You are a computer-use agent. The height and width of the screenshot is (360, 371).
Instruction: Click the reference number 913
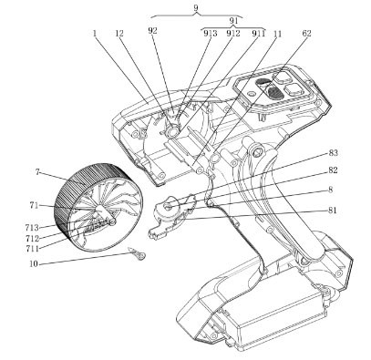pos(211,33)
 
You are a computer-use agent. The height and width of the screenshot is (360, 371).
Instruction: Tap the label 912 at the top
pos(233,33)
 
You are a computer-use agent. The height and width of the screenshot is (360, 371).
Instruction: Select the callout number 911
pos(258,33)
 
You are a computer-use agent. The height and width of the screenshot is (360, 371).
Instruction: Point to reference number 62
pos(306,33)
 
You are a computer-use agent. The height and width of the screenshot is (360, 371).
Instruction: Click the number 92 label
pos(153,31)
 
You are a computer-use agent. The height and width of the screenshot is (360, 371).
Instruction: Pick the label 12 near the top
pos(119,33)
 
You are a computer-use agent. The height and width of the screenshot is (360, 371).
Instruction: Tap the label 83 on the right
pos(333,153)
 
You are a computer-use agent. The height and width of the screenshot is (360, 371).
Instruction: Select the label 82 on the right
pos(333,170)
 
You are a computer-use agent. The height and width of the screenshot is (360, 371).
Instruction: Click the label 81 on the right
pos(333,211)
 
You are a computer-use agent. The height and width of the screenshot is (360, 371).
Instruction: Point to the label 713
pos(32,227)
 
